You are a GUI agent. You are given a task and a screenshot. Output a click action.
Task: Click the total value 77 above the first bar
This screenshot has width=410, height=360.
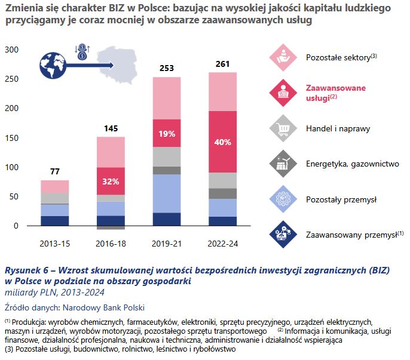(55, 171)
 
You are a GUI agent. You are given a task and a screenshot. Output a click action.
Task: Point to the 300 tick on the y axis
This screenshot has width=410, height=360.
(12, 50)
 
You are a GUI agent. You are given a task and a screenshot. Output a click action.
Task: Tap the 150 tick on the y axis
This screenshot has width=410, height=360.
(12, 139)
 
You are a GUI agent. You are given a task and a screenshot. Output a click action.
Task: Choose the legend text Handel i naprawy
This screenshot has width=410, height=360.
(338, 128)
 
